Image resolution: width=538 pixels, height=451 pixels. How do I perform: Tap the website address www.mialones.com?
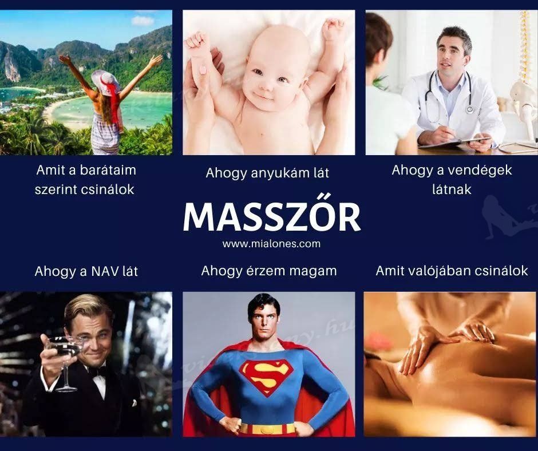pyautogui.click(x=271, y=244)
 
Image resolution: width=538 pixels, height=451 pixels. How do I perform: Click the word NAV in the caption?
pyautogui.click(x=104, y=271)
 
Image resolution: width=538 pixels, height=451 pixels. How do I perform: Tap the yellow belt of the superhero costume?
pyautogui.click(x=268, y=429)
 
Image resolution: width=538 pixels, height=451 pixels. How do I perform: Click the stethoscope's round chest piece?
pyautogui.click(x=469, y=109)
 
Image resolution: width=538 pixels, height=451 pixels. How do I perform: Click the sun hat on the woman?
pyautogui.click(x=106, y=82)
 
